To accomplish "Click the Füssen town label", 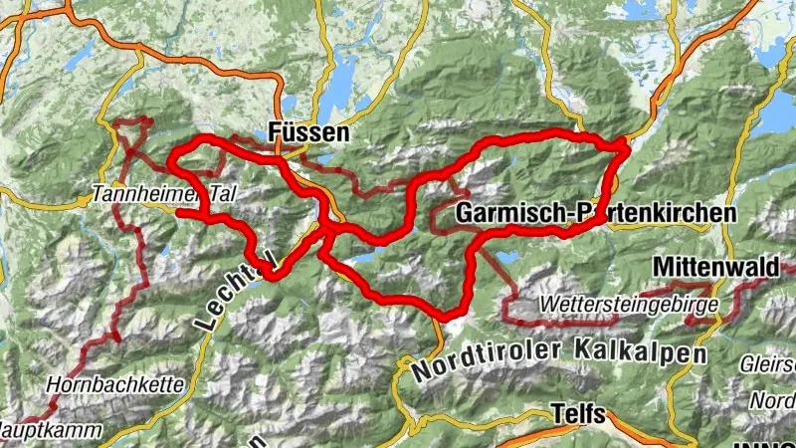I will [309, 132].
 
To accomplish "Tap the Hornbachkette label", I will [96, 381].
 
